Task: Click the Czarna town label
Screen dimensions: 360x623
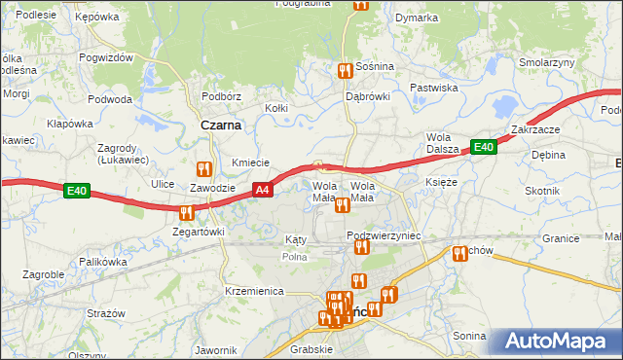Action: point(221,125)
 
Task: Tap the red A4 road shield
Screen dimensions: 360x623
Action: point(262,190)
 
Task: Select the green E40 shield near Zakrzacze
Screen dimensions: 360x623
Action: point(484,147)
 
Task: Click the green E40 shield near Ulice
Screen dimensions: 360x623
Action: point(78,192)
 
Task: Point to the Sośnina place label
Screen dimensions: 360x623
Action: point(375,66)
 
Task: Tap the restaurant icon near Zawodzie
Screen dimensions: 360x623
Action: point(203,168)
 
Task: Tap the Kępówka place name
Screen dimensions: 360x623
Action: point(96,17)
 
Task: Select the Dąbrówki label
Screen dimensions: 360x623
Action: point(368,96)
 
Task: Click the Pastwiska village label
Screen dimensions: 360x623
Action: point(434,88)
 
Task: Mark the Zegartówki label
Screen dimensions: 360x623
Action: point(199,233)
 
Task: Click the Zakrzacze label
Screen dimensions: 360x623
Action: point(533,129)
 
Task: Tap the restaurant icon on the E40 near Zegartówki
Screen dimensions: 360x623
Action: point(185,211)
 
